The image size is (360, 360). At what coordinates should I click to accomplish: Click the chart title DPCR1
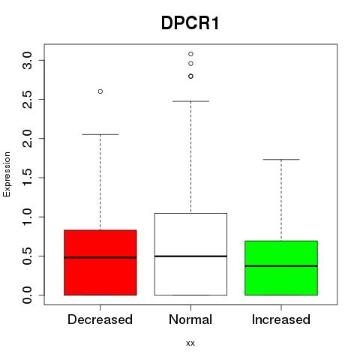point(190,23)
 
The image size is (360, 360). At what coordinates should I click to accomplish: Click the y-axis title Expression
point(7,174)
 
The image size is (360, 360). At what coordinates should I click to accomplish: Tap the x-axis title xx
point(190,343)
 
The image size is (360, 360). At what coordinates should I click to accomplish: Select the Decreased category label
point(100,319)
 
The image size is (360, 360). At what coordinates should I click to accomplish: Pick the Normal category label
point(190,319)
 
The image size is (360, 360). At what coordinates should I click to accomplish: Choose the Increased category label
point(281,319)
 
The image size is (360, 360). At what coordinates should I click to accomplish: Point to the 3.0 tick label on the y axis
point(27,61)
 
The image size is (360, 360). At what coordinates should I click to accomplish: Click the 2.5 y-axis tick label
point(27,100)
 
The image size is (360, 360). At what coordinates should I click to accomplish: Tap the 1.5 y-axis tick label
point(27,178)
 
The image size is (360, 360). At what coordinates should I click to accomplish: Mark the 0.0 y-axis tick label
point(27,295)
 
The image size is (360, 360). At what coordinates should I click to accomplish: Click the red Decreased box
point(100,262)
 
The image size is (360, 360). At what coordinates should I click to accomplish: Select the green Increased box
point(281,268)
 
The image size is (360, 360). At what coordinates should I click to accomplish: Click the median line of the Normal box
point(190,256)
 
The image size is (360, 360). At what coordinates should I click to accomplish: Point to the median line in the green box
point(281,266)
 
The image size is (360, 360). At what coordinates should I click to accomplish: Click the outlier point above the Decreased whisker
point(100,91)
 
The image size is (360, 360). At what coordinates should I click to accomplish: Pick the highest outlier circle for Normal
point(190,54)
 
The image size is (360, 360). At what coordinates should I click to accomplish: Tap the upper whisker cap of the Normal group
point(190,101)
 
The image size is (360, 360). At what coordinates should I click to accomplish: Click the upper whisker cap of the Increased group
point(281,159)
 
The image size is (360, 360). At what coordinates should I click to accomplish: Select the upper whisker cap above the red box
point(100,134)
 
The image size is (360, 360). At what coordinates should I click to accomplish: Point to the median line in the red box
point(100,257)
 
